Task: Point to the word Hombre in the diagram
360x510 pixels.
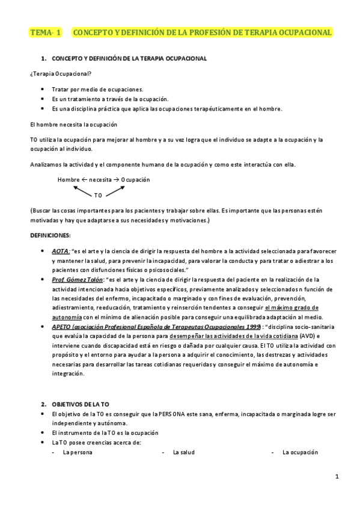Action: pyautogui.click(x=69, y=180)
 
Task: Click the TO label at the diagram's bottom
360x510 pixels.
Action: pyautogui.click(x=99, y=195)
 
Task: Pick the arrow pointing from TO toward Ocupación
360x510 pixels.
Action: pyautogui.click(x=116, y=189)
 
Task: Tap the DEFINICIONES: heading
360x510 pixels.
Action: pyautogui.click(x=50, y=235)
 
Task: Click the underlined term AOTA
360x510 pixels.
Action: pyautogui.click(x=60, y=250)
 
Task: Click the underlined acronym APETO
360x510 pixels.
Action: pyautogui.click(x=61, y=326)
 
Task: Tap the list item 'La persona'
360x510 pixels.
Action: pyautogui.click(x=78, y=452)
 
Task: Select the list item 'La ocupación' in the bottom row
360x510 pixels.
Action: pyautogui.click(x=300, y=452)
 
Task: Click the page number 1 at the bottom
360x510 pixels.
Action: pyautogui.click(x=337, y=478)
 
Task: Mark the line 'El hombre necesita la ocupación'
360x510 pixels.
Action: pyautogui.click(x=73, y=124)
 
